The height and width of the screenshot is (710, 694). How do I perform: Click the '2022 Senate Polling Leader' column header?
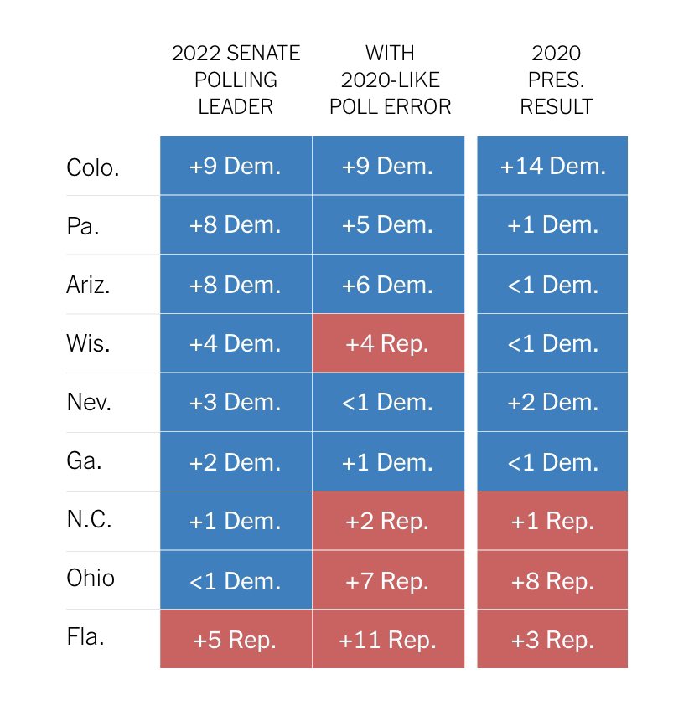pos(235,80)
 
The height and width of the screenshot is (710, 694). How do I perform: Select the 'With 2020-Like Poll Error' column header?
pos(390,80)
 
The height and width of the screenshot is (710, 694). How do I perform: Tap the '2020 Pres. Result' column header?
pos(556,80)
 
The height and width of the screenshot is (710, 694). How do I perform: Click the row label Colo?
pos(93,167)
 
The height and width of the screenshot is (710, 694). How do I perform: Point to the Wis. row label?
pos(88,344)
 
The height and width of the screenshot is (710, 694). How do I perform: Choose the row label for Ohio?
pos(91,579)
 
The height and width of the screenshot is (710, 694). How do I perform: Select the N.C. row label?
pos(90,521)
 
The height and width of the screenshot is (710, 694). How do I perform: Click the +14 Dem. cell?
pos(552,166)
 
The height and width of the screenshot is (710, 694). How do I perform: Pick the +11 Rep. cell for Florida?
pos(387,641)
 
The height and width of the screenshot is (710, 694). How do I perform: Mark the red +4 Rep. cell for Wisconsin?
pos(387,344)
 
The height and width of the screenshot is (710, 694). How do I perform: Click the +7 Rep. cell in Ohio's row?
pos(387,581)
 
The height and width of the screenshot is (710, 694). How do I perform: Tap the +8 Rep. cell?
pos(552,581)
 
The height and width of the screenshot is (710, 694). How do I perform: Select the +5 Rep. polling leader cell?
pos(235,641)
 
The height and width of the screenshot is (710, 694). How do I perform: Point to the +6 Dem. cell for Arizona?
pos(387,285)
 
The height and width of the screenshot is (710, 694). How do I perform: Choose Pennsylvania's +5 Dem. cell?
pos(387,225)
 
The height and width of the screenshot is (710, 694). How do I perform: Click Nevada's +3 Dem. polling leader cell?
pos(235,403)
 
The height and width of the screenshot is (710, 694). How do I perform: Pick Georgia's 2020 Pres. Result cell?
pos(552,462)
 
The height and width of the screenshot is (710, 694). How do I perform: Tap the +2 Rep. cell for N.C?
pos(387,522)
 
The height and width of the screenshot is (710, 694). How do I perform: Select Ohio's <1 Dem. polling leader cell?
pos(235,581)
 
